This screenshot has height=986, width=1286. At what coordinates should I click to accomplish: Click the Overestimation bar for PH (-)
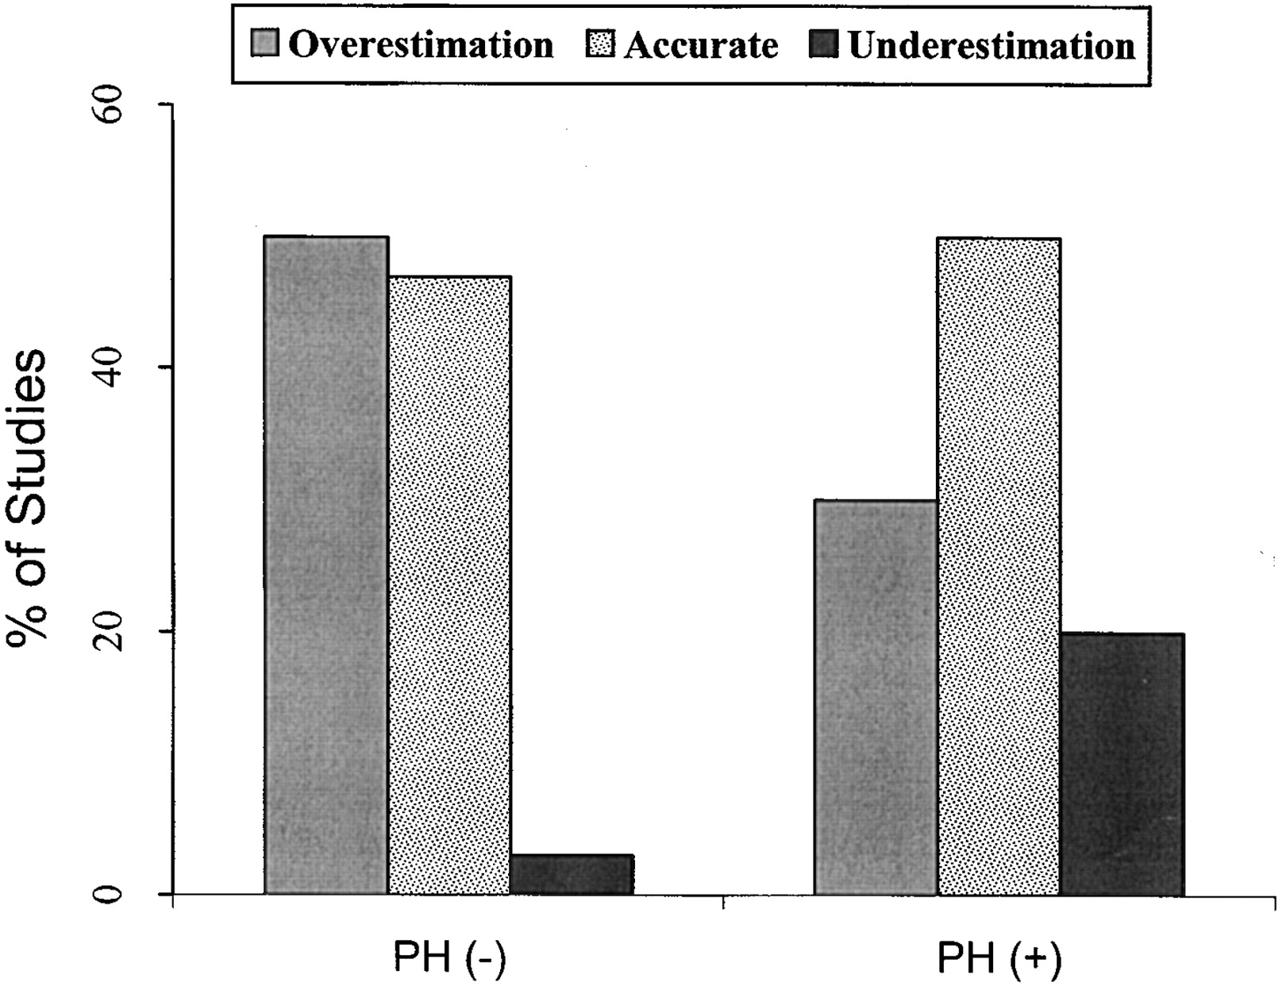(326, 564)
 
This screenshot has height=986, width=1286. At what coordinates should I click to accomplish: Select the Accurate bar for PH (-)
(449, 585)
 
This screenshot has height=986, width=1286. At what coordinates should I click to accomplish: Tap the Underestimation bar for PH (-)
(572, 874)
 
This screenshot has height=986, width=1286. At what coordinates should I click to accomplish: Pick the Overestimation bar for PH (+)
(876, 697)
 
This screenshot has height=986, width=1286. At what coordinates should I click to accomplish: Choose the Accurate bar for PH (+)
(999, 566)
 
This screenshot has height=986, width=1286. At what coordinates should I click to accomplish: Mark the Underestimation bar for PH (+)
(1122, 764)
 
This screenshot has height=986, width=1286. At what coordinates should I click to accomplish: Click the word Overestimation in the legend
(421, 44)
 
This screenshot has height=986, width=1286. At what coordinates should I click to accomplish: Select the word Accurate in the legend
(701, 44)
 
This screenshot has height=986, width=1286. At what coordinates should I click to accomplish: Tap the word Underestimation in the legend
(991, 44)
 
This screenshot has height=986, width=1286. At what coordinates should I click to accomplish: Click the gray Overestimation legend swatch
(265, 44)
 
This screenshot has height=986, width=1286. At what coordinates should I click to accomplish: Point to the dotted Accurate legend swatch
(600, 44)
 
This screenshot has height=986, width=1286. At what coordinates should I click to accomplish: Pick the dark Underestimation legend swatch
(824, 44)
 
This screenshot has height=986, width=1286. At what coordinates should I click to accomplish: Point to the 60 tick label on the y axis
(109, 105)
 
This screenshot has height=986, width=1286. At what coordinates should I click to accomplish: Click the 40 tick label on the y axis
(109, 368)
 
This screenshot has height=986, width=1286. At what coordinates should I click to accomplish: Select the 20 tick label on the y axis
(109, 631)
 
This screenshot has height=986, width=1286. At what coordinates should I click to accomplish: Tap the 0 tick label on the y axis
(109, 895)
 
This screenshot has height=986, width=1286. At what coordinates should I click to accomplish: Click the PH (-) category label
(449, 958)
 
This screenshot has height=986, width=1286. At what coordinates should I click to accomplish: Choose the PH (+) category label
(999, 958)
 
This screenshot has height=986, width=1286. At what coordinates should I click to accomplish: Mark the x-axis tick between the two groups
(723, 901)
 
